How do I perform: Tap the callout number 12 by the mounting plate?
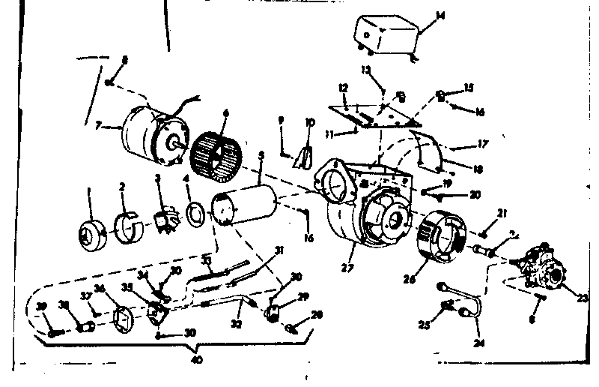pyautogui.click(x=343, y=89)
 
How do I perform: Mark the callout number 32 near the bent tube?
pyautogui.click(x=237, y=325)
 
